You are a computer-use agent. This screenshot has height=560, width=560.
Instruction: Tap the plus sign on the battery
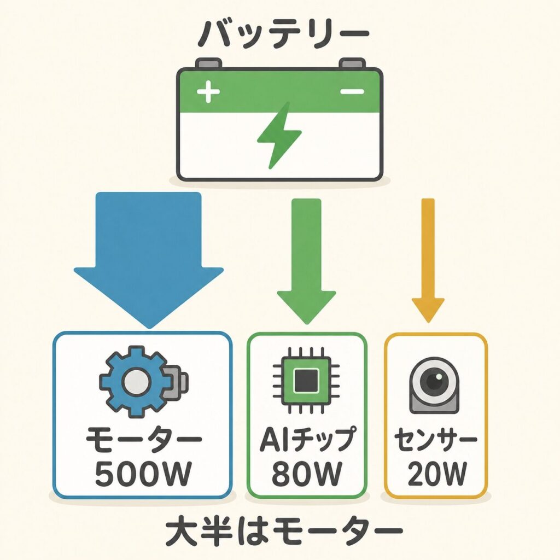208,91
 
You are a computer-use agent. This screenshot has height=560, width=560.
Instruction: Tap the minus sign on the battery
352,91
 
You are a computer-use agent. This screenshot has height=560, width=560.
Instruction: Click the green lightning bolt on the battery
279,135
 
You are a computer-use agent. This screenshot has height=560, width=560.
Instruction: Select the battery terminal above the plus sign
208,63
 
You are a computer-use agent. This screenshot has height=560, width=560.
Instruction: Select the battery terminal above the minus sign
352,63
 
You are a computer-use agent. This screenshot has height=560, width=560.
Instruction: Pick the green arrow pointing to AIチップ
306,261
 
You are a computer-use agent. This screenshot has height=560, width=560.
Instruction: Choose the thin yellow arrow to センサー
428,261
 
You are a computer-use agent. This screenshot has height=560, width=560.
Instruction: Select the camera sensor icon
434,385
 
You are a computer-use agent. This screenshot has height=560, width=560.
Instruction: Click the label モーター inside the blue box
143,439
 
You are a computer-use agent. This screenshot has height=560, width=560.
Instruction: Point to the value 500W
143,474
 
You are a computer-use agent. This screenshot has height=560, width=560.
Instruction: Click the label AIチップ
308,439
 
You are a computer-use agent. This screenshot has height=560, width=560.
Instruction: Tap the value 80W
306,474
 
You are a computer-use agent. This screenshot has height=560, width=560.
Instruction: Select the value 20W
437,474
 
